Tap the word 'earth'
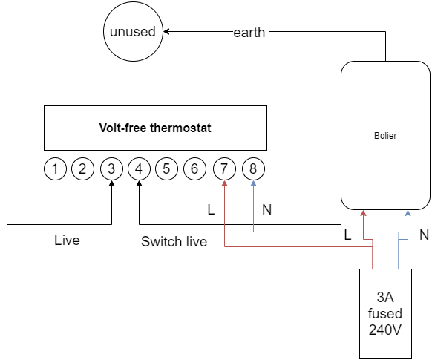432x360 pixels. [x=249, y=33]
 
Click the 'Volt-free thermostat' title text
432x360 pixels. [x=155, y=128]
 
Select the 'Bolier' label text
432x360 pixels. [x=385, y=136]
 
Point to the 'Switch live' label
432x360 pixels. [x=174, y=241]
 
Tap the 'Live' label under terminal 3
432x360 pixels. [x=67, y=240]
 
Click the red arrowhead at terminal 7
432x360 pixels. [x=225, y=183]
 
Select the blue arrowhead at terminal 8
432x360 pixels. [x=253, y=183]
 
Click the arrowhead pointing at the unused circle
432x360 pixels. [x=166, y=31]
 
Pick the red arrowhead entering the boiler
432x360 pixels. [x=364, y=213]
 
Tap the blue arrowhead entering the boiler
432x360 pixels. [x=408, y=213]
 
